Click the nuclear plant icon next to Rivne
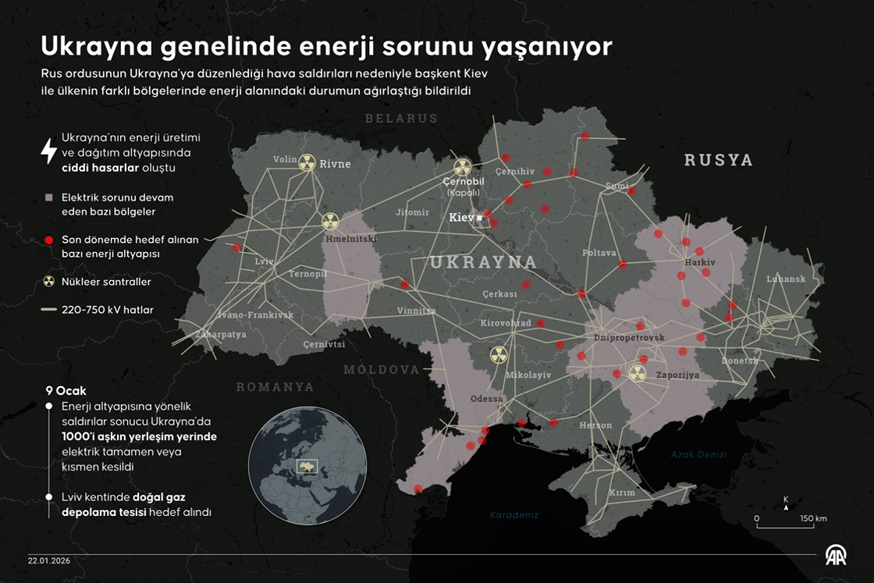[307, 162]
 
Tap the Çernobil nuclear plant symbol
[463, 166]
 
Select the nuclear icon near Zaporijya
[637, 374]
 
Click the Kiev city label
[460, 218]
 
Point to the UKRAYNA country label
[484, 262]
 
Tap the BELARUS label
[401, 119]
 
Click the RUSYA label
[718, 160]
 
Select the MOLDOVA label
[382, 369]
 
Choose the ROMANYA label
[275, 387]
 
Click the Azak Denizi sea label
[698, 455]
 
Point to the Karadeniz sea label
[514, 515]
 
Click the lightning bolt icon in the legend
[48, 151]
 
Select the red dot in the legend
[48, 240]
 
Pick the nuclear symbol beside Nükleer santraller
[48, 282]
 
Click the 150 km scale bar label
[813, 518]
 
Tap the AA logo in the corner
[836, 555]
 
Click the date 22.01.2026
[49, 560]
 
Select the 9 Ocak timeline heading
[66, 390]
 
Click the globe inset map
[307, 465]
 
